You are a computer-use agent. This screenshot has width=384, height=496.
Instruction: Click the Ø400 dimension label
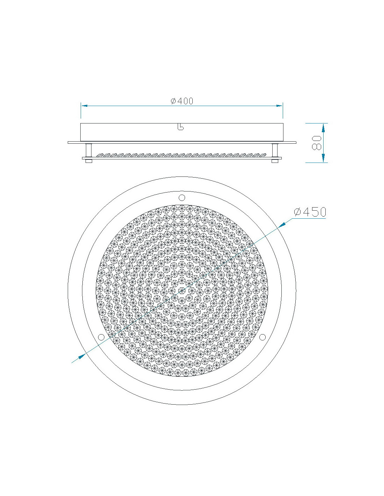(182, 101)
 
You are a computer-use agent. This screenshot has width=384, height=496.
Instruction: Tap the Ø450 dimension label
(310, 212)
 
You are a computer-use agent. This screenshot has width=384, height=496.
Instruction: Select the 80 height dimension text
(317, 143)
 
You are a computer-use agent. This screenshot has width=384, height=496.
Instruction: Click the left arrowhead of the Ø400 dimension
(84, 106)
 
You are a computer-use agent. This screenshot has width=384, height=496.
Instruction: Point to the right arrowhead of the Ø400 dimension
(279, 106)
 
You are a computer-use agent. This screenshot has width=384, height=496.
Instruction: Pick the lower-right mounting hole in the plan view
(263, 337)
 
